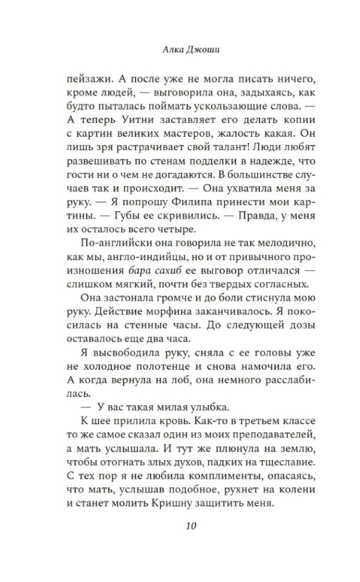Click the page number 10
pos(192,527)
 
